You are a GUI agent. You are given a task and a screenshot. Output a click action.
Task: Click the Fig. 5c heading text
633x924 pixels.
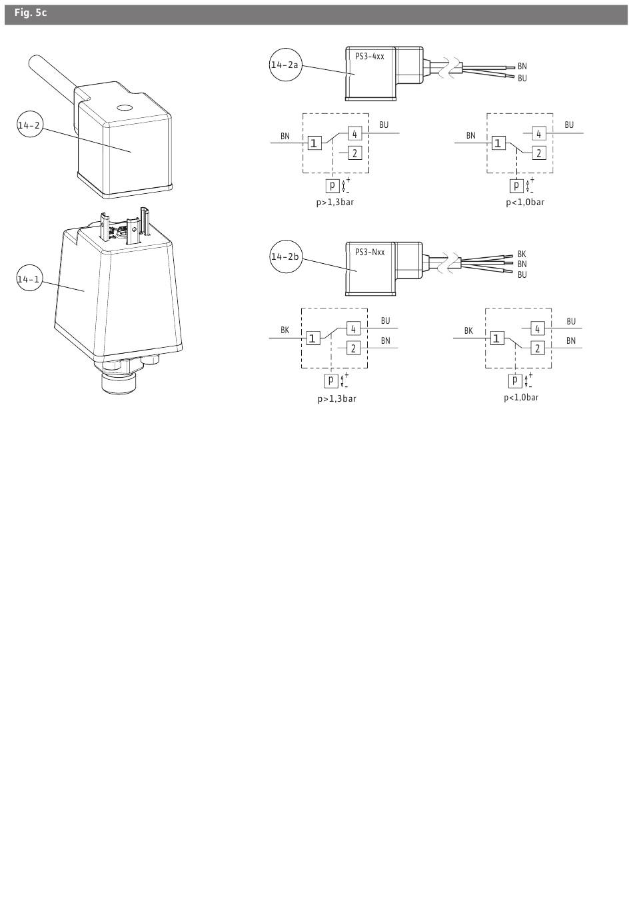tap(31, 13)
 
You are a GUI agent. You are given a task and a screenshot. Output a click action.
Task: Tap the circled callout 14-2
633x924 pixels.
tap(30, 125)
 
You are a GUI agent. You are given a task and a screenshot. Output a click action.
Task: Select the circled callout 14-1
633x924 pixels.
tap(29, 279)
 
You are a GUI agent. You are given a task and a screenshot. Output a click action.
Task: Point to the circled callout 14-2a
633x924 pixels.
tap(285, 65)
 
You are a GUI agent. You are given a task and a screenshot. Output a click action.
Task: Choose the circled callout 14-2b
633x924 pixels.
tap(285, 256)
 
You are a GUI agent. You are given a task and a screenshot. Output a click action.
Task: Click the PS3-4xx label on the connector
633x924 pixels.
tap(369, 57)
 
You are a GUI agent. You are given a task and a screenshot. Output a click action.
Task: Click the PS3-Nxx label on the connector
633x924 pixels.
tap(369, 252)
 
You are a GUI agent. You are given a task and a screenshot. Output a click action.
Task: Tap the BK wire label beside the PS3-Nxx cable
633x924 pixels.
tap(522, 254)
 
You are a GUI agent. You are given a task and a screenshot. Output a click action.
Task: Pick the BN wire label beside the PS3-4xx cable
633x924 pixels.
tap(522, 66)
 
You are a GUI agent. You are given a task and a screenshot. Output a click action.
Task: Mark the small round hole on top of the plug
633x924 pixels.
tap(124, 108)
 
